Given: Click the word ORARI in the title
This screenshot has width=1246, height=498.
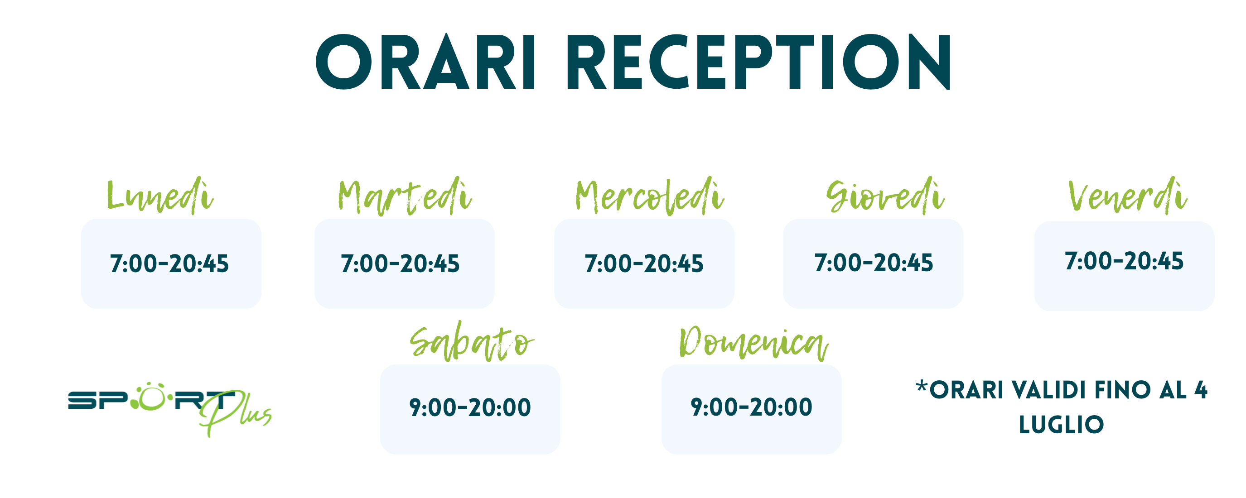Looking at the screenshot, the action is coord(425,62).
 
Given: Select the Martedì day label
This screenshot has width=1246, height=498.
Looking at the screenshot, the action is coord(404,196).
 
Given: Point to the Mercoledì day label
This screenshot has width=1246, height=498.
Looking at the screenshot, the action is coord(650,196).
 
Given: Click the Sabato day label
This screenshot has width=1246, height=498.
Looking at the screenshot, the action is coord(472,341).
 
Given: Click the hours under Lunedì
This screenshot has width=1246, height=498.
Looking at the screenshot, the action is coord(169,264).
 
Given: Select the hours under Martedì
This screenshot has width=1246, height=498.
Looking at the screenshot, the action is coord(401,264).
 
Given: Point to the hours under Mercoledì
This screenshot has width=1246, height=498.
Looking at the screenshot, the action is coord(644,264).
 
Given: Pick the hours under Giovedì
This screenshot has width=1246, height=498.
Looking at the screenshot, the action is coord(874,263).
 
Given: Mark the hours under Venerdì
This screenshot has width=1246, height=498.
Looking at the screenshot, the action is coord(1125,261).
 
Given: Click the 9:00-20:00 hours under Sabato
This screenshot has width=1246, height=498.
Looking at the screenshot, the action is coord(470,407).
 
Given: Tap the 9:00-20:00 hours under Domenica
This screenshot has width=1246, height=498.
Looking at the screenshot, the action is coord(752,407).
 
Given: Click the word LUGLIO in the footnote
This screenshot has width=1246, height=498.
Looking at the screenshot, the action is coord(1062,425).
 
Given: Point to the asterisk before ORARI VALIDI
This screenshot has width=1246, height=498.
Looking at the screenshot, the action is coord(922,386).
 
